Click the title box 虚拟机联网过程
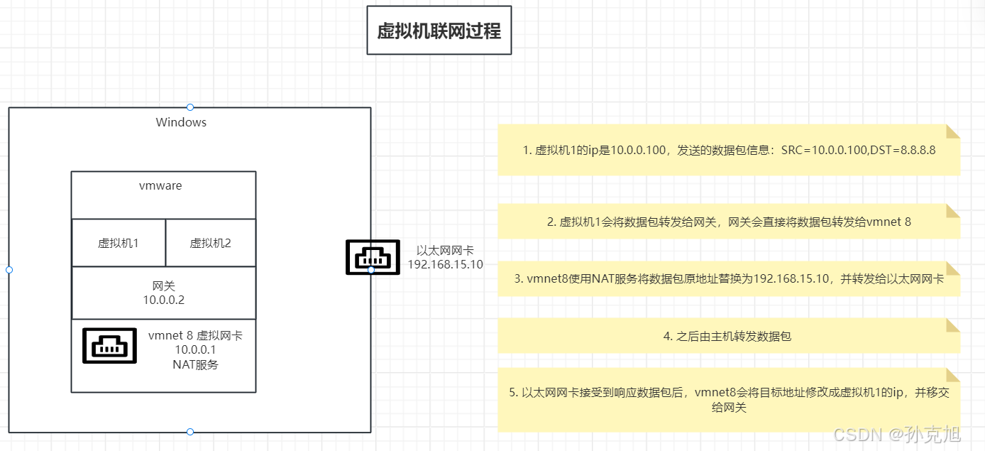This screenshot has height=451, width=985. [x=439, y=31]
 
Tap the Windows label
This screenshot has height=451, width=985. [x=181, y=122]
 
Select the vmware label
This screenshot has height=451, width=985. [x=160, y=186]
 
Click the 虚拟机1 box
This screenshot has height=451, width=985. [x=118, y=243]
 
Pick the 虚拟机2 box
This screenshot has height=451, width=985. [x=210, y=243]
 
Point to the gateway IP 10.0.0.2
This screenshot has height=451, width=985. [x=163, y=300]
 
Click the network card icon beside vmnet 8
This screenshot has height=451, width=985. [x=110, y=346]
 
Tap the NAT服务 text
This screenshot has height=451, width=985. [x=195, y=364]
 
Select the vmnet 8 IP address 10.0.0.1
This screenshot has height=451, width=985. [x=195, y=349]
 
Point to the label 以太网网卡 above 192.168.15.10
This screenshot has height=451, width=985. [x=445, y=250]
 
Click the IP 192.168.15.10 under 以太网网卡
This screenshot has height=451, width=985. [x=445, y=264]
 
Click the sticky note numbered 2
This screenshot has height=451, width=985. [x=729, y=222]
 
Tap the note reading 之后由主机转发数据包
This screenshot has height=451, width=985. [x=727, y=336]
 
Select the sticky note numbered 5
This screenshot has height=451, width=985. [x=729, y=400]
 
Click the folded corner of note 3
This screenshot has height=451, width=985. [x=953, y=268]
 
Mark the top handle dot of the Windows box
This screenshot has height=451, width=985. [x=190, y=107]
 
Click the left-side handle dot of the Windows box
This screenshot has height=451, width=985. [x=9, y=270]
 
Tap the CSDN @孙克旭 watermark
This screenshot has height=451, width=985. [x=897, y=433]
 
